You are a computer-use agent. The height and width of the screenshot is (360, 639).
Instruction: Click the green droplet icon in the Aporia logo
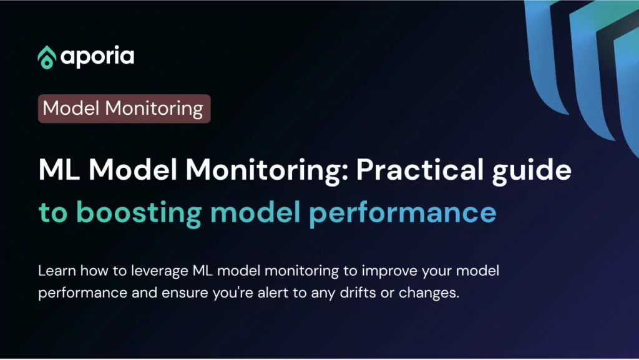click(47, 57)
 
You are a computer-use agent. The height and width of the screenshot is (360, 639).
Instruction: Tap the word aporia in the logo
click(97, 57)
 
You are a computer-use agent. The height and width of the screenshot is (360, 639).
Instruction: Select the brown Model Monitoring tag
click(124, 109)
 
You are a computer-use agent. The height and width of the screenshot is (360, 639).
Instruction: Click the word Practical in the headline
click(420, 170)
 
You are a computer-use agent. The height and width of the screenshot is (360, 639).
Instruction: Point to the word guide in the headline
click(532, 171)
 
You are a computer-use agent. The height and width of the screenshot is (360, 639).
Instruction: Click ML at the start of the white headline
click(59, 170)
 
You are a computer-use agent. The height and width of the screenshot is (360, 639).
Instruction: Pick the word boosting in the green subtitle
click(139, 213)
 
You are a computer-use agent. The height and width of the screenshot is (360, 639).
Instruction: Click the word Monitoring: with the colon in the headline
click(267, 170)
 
